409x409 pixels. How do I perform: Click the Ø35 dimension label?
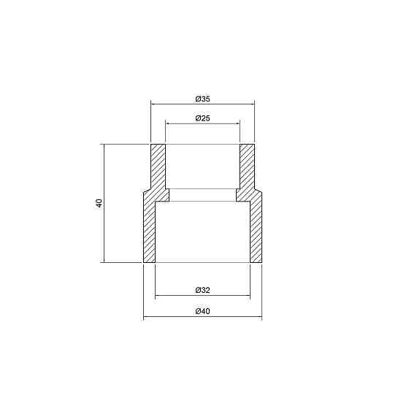[202, 98]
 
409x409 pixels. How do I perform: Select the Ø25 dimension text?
[202, 118]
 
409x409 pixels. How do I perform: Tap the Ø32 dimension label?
[203, 291]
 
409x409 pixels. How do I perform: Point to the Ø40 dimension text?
[203, 312]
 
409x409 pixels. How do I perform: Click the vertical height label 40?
[99, 202]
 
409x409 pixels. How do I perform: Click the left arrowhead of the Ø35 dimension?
[153, 104]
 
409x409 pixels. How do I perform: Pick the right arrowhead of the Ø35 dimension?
[252, 104]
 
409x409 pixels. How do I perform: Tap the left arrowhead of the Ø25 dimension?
[169, 123]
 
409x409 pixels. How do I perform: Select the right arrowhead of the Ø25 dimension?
[237, 123]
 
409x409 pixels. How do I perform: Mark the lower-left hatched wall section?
[149, 230]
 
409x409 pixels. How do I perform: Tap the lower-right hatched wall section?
[256, 230]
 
